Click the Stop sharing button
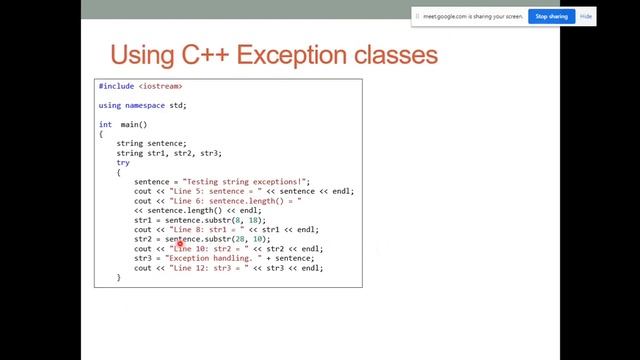[x=552, y=16]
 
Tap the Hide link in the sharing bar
[x=586, y=16]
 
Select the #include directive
[x=116, y=87]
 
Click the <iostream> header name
[x=161, y=87]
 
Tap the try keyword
[x=123, y=162]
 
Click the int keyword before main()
[x=105, y=124]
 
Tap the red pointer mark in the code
[x=180, y=242]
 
